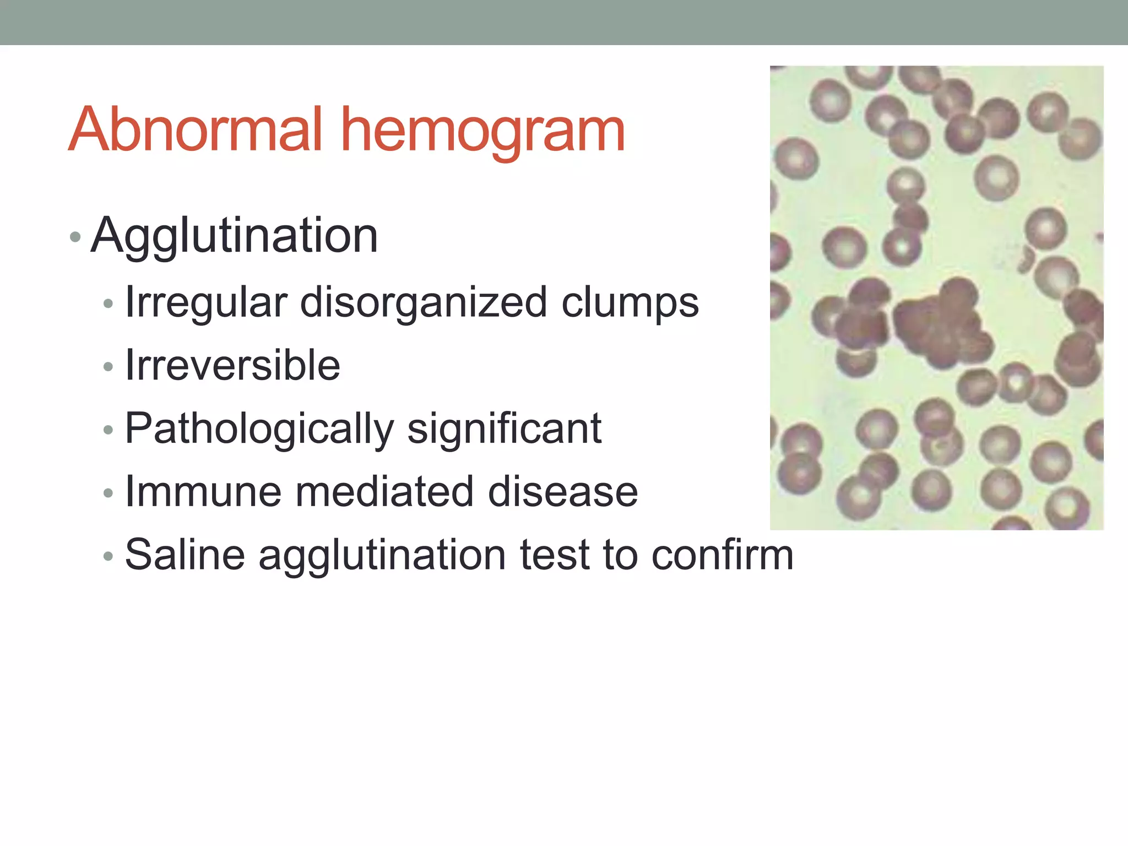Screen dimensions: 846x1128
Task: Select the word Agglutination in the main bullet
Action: pyautogui.click(x=234, y=236)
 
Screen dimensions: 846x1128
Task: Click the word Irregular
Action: pyautogui.click(x=206, y=302)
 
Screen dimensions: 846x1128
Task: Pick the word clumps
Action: pyautogui.click(x=630, y=302)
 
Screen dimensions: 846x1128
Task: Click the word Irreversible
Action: pyautogui.click(x=232, y=365)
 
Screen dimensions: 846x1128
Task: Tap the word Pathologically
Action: pyautogui.click(x=259, y=429)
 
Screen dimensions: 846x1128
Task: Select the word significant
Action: pyautogui.click(x=504, y=429)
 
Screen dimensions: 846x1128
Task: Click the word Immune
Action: pyautogui.click(x=203, y=491)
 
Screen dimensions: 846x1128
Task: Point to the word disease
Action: pyautogui.click(x=563, y=491)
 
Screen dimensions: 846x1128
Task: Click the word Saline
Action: pyautogui.click(x=185, y=555)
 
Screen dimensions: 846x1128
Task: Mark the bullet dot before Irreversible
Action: pyautogui.click(x=108, y=367)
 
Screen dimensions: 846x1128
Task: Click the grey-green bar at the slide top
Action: pyautogui.click(x=564, y=22)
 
